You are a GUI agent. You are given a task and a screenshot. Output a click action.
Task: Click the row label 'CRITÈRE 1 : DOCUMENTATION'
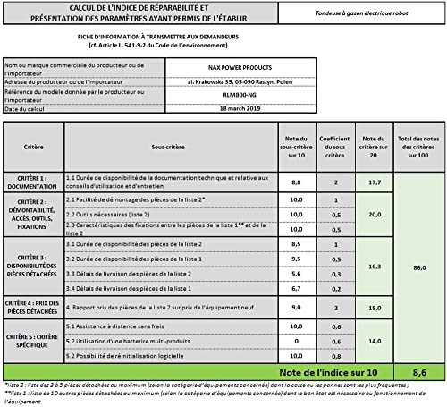click(32, 182)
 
